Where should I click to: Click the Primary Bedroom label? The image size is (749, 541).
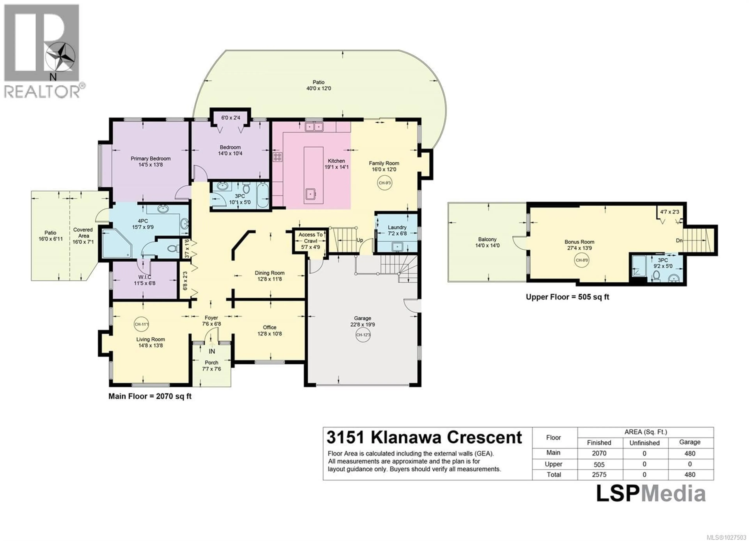coord(151,159)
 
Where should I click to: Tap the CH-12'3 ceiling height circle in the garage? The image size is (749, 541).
coord(363,335)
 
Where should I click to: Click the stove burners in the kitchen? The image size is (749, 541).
coord(277,157)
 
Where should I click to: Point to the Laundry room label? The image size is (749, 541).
coord(397,227)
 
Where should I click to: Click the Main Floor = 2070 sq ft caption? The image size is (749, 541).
coord(150,396)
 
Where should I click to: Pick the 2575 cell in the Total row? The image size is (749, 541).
coord(599,475)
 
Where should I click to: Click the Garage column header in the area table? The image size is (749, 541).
coord(690,442)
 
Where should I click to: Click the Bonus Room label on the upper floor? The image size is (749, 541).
coord(579,242)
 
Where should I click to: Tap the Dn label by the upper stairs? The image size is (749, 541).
coord(679,241)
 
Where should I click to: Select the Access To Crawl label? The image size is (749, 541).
coord(311,238)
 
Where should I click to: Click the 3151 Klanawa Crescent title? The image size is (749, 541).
coord(424,438)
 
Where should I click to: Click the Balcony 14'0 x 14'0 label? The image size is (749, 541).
coord(487,242)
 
